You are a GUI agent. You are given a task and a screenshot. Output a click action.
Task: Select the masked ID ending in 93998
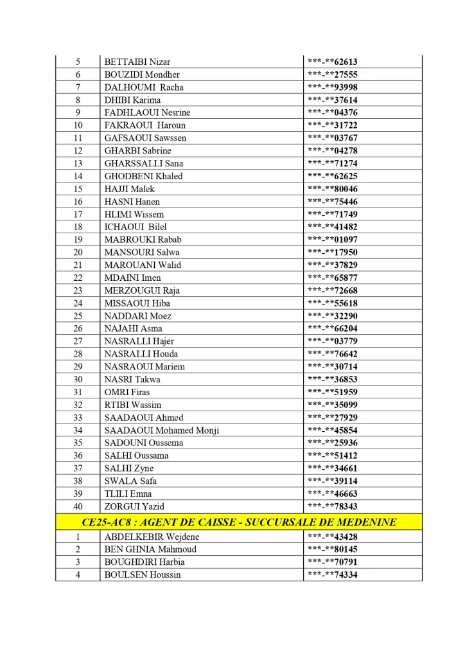[332, 87]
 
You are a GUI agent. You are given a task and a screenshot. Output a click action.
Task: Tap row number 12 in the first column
[78, 151]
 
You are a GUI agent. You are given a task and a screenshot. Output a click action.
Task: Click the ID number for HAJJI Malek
[332, 189]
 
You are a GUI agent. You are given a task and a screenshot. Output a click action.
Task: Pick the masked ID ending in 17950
[332, 253]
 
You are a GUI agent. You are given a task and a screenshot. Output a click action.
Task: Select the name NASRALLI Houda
[141, 354]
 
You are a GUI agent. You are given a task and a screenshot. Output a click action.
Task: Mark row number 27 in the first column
[78, 341]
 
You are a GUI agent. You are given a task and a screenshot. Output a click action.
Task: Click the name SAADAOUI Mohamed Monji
[161, 431]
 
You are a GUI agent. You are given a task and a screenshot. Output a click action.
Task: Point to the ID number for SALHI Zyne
[332, 468]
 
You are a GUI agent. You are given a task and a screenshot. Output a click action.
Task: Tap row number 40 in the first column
[78, 506]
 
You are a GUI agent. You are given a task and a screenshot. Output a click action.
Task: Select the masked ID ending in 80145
[332, 549]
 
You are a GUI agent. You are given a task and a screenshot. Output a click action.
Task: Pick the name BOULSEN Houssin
[143, 574]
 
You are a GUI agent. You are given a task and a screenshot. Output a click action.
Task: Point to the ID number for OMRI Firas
[332, 392]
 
